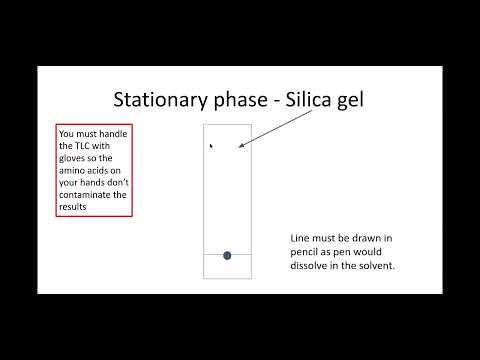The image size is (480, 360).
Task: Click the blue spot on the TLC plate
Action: click(227, 256)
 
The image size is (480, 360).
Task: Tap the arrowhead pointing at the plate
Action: click(242, 149)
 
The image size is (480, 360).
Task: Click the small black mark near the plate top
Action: click(210, 146)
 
